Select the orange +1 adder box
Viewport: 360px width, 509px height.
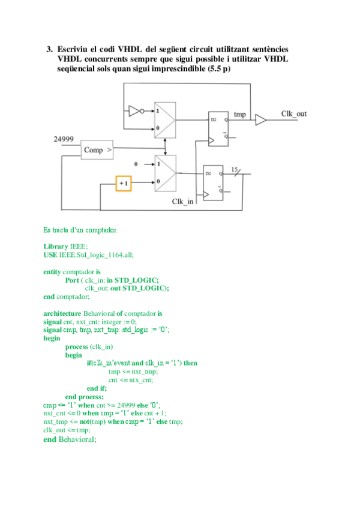click(124, 182)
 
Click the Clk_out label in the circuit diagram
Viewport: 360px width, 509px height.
click(293, 114)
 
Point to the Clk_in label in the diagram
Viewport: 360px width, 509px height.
click(182, 202)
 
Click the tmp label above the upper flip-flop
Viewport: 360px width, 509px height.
click(239, 114)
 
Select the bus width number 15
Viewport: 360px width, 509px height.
click(236, 169)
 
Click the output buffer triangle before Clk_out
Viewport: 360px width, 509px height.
click(260, 121)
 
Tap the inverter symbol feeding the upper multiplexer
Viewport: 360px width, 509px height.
click(134, 110)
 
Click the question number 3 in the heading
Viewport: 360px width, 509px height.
click(50, 48)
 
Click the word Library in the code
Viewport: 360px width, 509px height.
click(56, 247)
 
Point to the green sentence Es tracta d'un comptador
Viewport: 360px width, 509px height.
click(80, 229)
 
